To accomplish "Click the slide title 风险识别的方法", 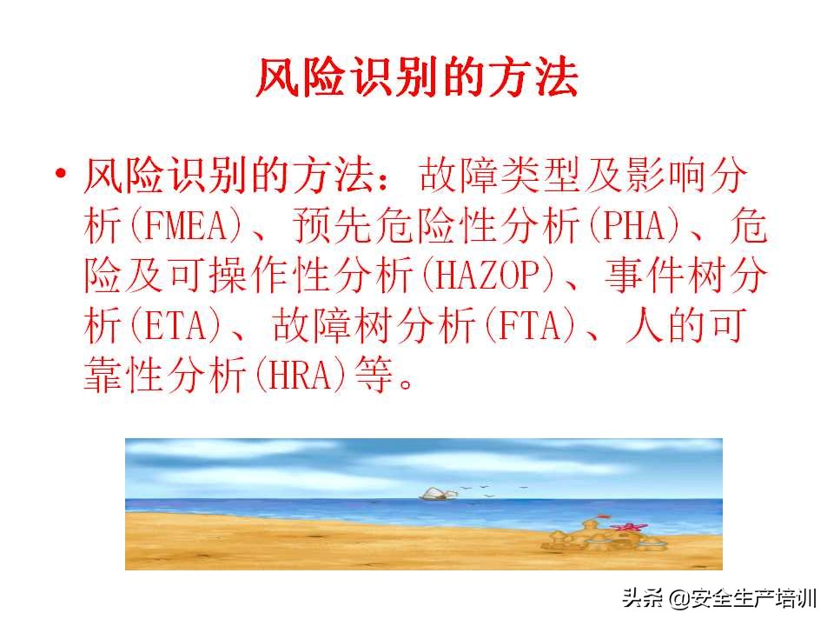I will [x=417, y=79].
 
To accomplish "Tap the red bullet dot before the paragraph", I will [x=60, y=175].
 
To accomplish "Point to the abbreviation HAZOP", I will [x=505, y=278].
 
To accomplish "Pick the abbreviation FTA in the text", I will [x=533, y=329].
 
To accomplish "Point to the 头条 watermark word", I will [x=643, y=599].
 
